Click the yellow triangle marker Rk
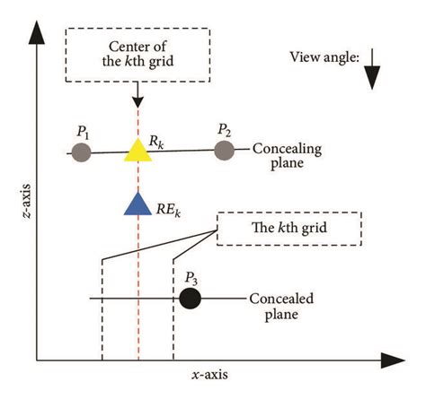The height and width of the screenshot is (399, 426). click(x=137, y=151)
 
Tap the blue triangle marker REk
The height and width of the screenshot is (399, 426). click(x=137, y=204)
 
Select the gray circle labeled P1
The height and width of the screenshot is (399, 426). click(x=82, y=152)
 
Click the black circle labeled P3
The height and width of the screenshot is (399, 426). click(x=190, y=299)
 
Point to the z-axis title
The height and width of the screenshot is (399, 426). click(x=13, y=202)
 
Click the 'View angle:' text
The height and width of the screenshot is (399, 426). click(x=324, y=57)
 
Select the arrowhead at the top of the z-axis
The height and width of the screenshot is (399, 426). click(x=37, y=34)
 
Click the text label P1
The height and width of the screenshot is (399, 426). click(x=83, y=132)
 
